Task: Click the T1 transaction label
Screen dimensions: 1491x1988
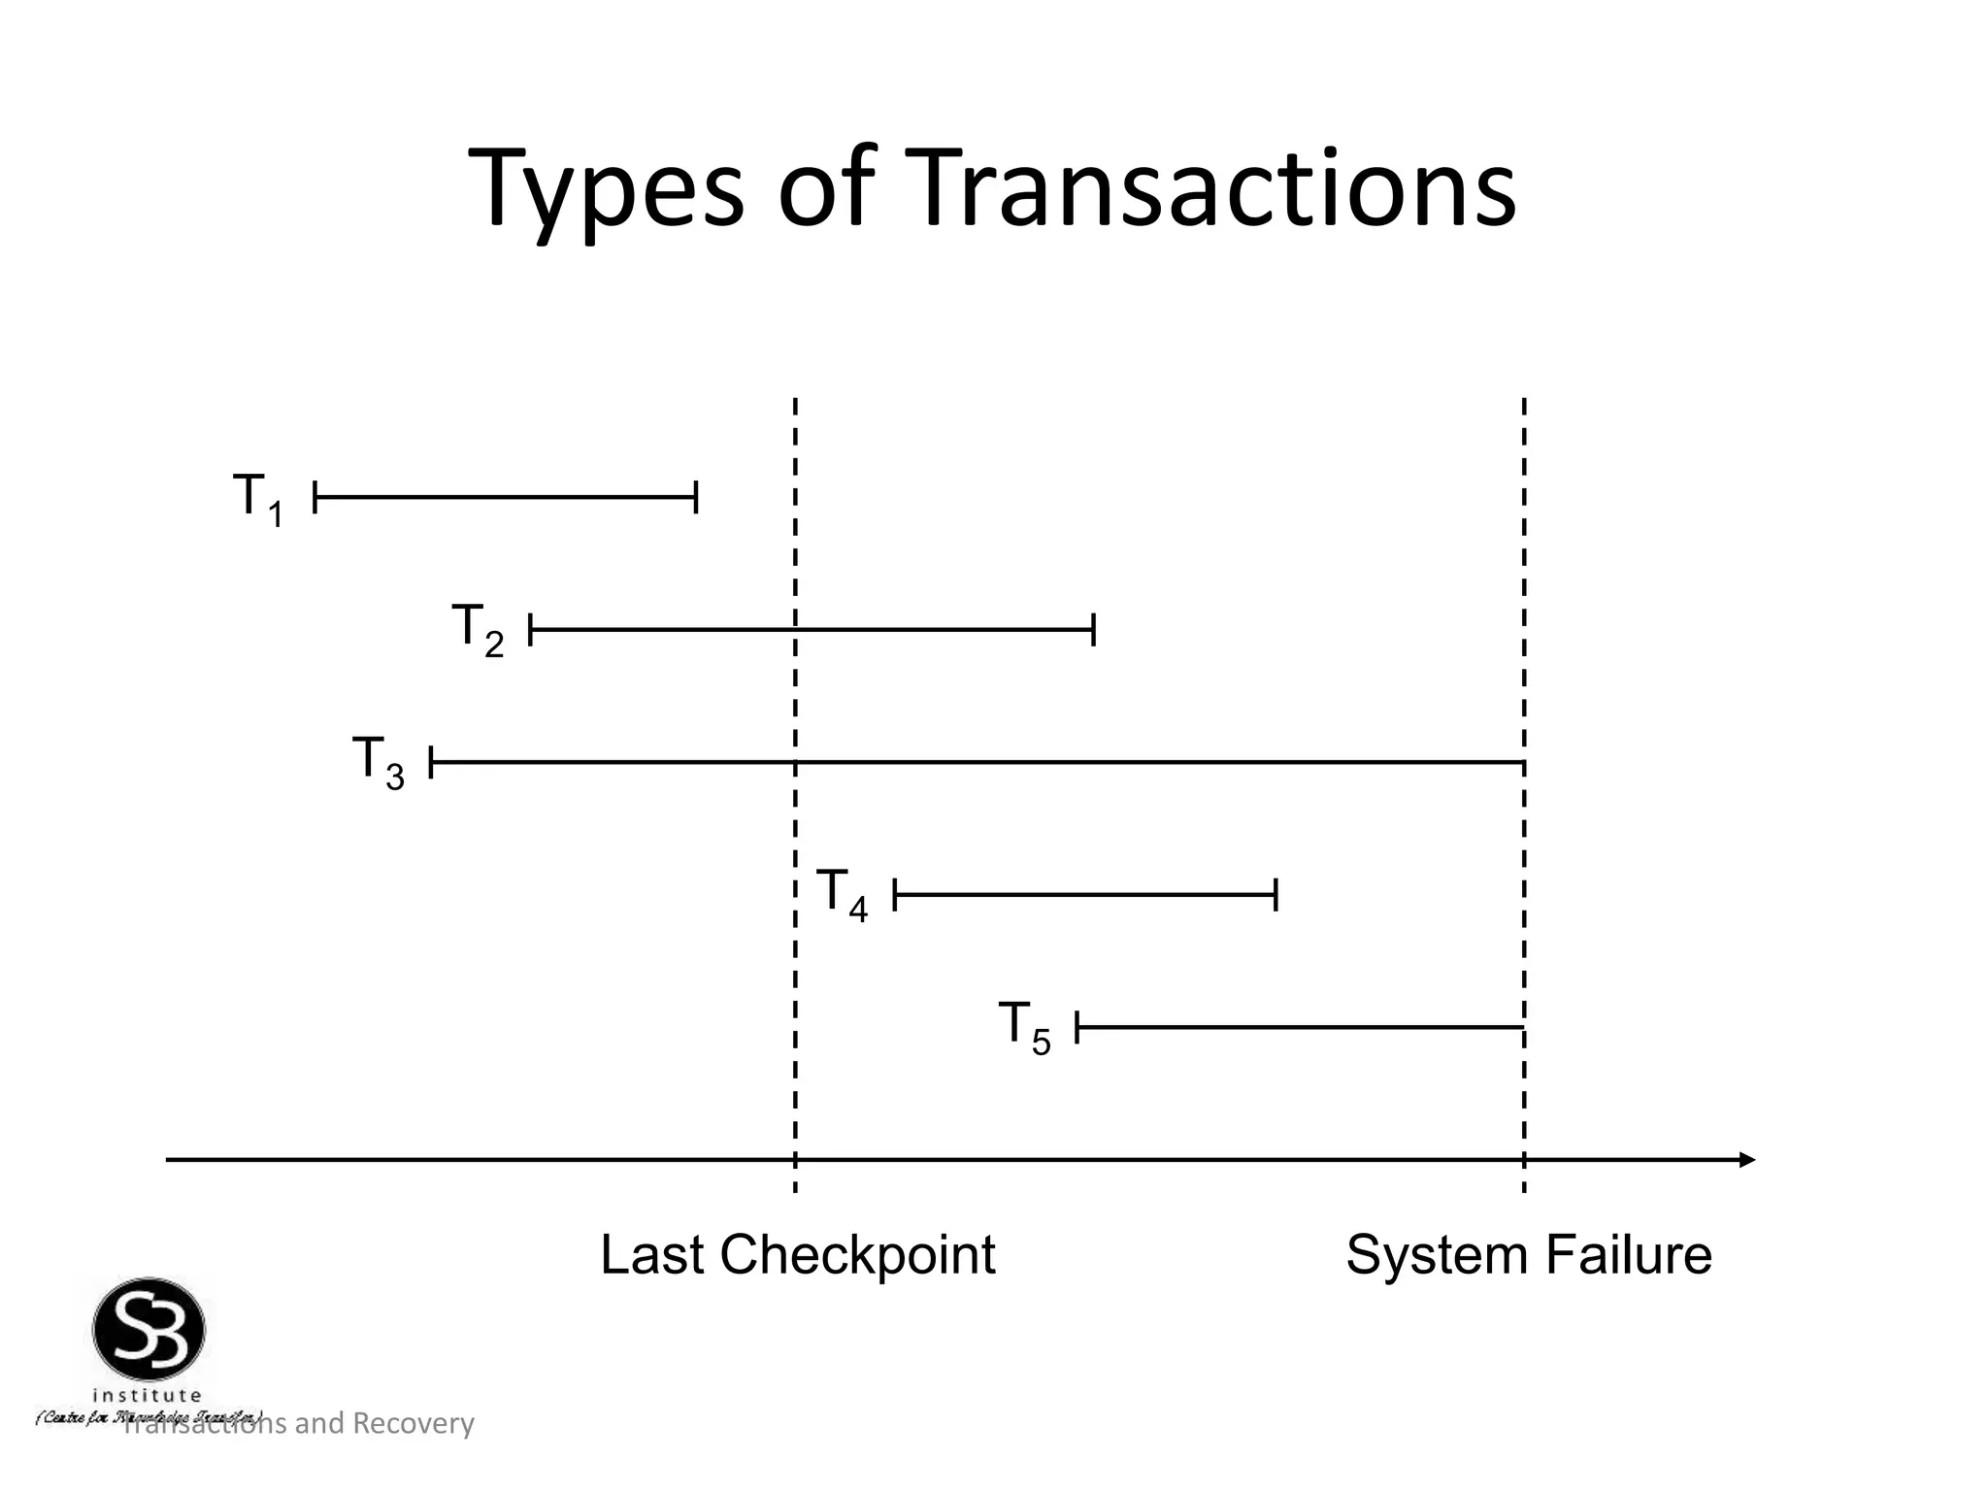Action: pyautogui.click(x=258, y=499)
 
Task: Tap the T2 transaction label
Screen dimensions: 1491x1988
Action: pyautogui.click(x=478, y=630)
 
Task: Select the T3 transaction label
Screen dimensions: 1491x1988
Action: pyautogui.click(x=378, y=762)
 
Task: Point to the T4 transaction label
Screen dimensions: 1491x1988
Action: pyautogui.click(x=842, y=894)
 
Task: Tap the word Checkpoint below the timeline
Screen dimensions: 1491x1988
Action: pyautogui.click(x=857, y=1255)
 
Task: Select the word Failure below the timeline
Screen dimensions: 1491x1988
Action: pyautogui.click(x=1629, y=1255)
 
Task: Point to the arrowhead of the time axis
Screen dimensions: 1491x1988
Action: pyautogui.click(x=1747, y=1160)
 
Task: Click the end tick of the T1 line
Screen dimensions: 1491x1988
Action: pyautogui.click(x=696, y=497)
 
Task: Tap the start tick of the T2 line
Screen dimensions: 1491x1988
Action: pyautogui.click(x=531, y=630)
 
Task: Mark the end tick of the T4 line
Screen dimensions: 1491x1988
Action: pyautogui.click(x=1276, y=894)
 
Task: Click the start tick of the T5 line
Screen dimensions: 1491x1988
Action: pyautogui.click(x=1077, y=1027)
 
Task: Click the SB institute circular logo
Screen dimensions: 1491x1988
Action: pyautogui.click(x=149, y=1329)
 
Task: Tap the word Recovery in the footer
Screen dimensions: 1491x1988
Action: pyautogui.click(x=413, y=1423)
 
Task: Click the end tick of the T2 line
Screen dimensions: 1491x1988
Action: pyautogui.click(x=1093, y=630)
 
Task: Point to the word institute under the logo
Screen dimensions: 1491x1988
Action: pyautogui.click(x=148, y=1396)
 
